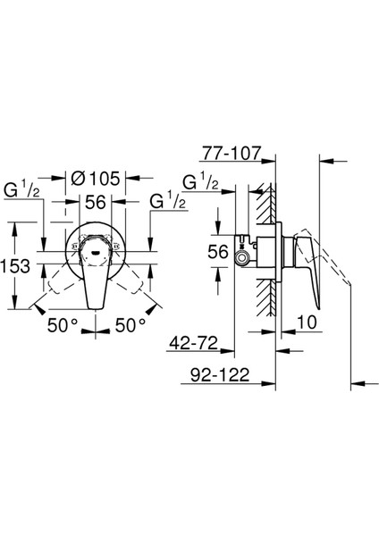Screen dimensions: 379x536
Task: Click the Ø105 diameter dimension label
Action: pos(96,179)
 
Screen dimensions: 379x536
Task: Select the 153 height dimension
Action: pos(16,265)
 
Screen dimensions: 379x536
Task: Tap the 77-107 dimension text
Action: pos(232,153)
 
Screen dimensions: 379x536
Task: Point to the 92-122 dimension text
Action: pos(220,375)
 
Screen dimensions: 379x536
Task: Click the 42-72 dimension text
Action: pos(194,343)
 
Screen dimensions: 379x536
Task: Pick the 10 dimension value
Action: pos(307,322)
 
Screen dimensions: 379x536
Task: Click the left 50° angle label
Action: pos(63,325)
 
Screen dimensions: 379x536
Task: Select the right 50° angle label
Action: pos(131,325)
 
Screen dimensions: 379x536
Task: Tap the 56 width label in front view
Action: pos(95,202)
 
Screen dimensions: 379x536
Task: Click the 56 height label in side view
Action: pos(218,252)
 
